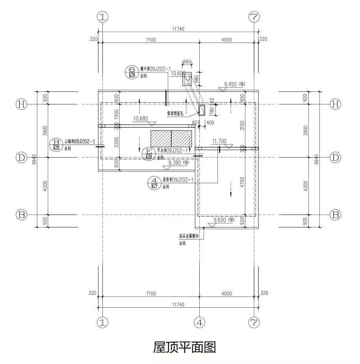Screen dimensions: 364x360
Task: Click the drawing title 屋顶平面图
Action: [x=184, y=347]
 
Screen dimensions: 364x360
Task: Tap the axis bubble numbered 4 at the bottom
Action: [x=200, y=323]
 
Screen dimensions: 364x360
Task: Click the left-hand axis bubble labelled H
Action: [x=21, y=104]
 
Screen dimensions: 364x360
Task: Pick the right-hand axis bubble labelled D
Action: [x=335, y=158]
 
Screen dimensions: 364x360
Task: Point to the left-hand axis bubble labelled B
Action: [x=21, y=215]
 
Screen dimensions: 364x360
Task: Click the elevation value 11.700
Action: [x=219, y=141]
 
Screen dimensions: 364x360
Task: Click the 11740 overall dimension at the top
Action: [x=178, y=29]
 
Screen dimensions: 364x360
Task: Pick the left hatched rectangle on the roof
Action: [x=161, y=139]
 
